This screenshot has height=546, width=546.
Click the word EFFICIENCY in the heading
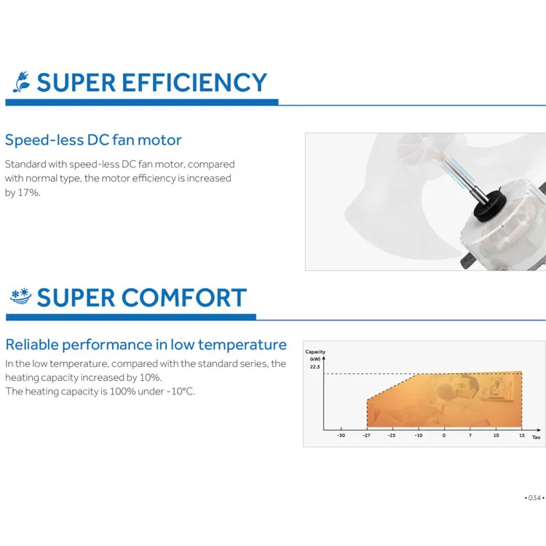click(x=194, y=82)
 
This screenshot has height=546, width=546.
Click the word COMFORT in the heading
click(x=184, y=298)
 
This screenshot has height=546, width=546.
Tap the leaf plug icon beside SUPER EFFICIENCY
click(x=22, y=82)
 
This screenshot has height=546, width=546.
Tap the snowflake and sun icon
click(x=21, y=296)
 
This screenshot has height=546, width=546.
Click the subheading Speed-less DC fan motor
click(x=93, y=140)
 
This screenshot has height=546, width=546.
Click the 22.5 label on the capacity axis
click(x=314, y=367)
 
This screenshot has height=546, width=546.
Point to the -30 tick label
click(x=341, y=435)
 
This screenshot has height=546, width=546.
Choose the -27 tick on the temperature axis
click(x=367, y=435)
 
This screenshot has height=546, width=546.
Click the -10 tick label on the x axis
click(x=419, y=435)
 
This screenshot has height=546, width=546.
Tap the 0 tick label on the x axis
click(x=444, y=435)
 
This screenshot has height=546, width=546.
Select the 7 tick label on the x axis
click(x=470, y=435)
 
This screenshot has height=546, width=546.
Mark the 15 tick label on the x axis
click(x=522, y=435)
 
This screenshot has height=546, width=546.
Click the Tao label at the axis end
click(x=537, y=437)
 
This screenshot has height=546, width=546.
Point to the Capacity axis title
click(x=315, y=352)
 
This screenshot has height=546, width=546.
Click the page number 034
click(x=534, y=498)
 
